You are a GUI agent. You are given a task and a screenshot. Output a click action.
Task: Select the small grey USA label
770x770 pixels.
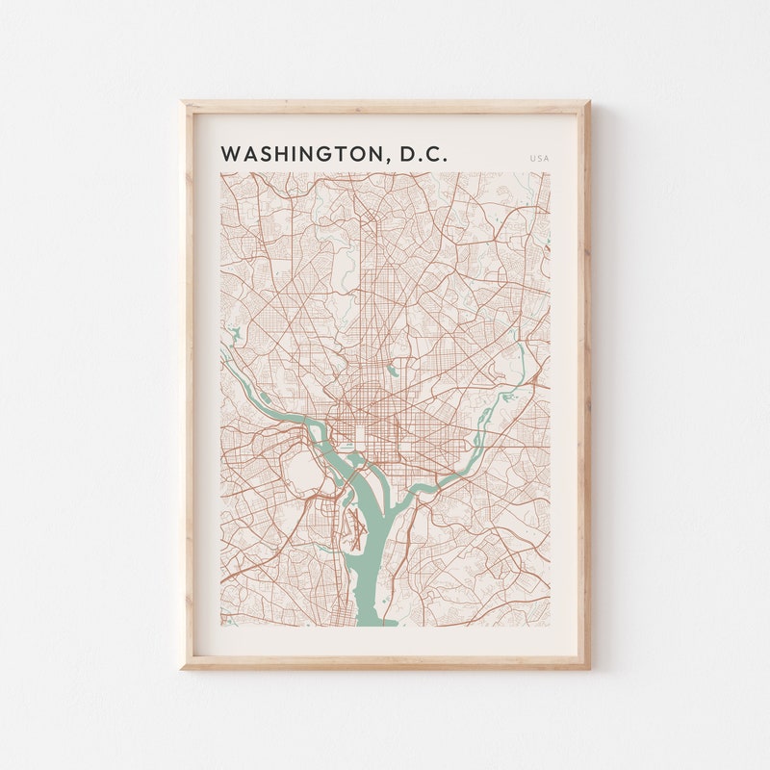click(539, 158)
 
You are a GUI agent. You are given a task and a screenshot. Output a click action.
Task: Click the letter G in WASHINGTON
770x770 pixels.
click(323, 155)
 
